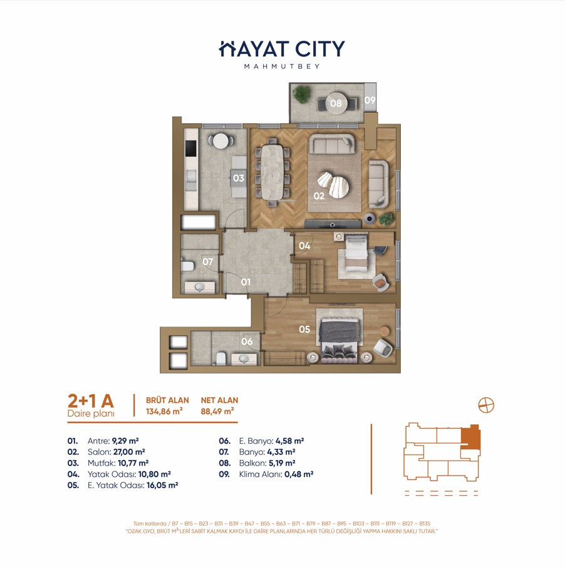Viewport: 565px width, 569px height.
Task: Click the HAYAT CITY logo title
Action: coord(282,49)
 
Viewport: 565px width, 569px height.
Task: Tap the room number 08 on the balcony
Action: coord(336,103)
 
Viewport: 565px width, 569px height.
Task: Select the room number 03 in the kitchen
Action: coord(239,178)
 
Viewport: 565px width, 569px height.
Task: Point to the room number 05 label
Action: coord(304,329)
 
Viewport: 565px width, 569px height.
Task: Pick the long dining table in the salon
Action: coord(272,172)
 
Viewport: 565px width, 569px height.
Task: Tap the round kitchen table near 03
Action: coord(221,141)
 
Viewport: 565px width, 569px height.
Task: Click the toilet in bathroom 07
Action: coord(187,266)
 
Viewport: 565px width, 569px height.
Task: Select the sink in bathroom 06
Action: coord(244,359)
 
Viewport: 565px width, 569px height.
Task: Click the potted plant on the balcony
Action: coord(302,94)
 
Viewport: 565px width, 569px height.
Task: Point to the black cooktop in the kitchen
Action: coord(191,148)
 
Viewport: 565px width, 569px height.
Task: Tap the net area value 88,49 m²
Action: coord(217,412)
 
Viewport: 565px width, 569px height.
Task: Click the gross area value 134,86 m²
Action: coord(164,412)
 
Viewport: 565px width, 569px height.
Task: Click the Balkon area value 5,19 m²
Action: coord(282,463)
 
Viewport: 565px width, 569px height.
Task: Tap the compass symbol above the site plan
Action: coord(486,405)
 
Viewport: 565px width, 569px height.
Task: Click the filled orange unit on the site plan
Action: coord(470,437)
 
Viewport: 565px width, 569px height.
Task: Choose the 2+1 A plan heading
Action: coord(91,401)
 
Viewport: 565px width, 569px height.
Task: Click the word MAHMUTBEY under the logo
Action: coord(282,66)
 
